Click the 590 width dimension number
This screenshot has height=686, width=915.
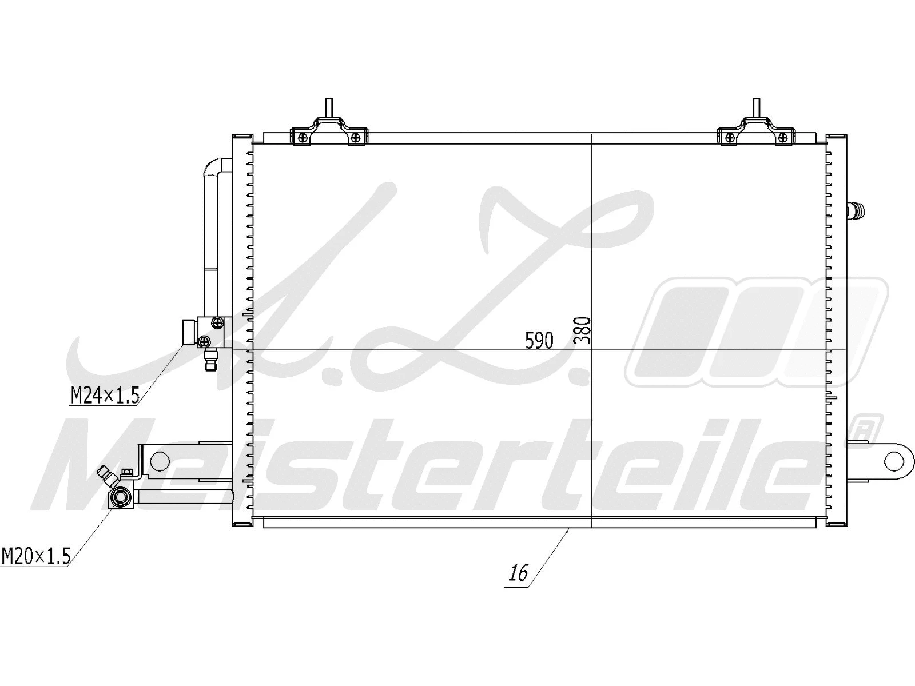coord(539,341)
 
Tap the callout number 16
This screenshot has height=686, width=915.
coord(518,572)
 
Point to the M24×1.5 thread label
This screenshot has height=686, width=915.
coord(105,395)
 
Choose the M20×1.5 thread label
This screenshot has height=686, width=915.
coord(35,556)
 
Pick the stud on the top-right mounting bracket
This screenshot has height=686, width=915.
coord(755,107)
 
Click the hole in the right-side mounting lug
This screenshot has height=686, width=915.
coord(893,460)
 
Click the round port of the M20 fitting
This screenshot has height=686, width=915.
coord(121,496)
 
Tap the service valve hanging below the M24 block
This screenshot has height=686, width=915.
coord(211,360)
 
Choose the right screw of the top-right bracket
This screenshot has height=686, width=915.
coord(782,136)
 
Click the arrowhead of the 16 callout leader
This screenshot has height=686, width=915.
coord(567,530)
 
